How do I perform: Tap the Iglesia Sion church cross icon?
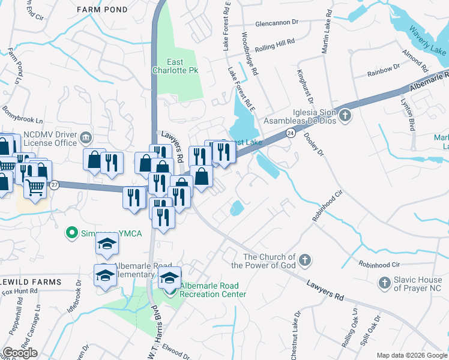coord(345,114)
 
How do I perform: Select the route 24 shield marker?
coord(289,134)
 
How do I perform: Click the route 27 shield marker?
coord(55,185)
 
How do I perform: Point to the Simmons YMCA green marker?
coord(73,232)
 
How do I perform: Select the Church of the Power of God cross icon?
coord(306,260)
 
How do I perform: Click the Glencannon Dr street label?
coord(276,22)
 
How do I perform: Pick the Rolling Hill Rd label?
coord(276,45)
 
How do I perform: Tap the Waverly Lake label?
coord(427,41)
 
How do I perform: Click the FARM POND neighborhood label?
coord(102,10)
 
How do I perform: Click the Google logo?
coord(20,353)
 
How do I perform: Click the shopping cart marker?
coord(35,189)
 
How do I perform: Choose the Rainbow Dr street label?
coord(383,72)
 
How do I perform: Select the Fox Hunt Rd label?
coord(20,292)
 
